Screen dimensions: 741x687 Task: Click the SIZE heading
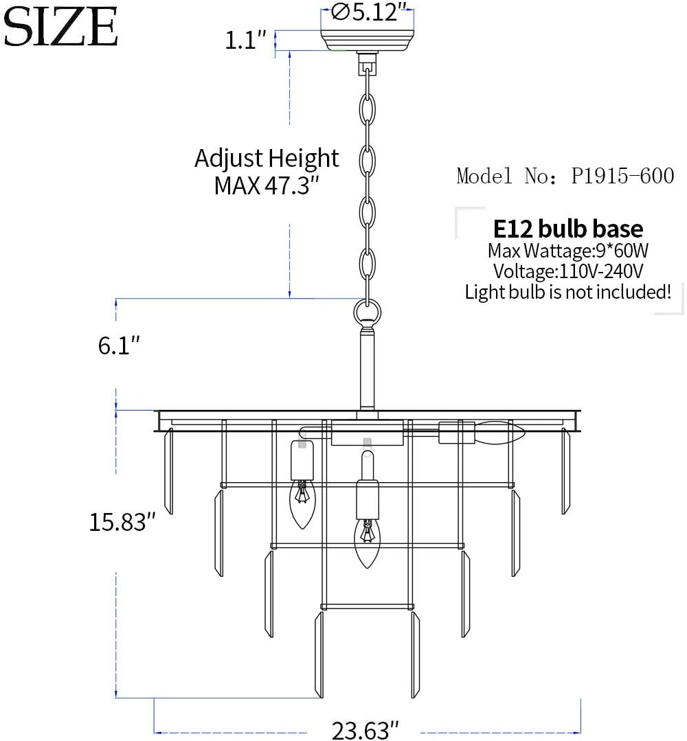pyautogui.click(x=60, y=27)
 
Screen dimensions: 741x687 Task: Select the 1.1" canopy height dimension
pyautogui.click(x=245, y=40)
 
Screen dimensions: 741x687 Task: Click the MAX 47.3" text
pyautogui.click(x=267, y=185)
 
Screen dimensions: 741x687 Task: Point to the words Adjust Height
pyautogui.click(x=267, y=159)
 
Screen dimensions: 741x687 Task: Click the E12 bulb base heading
pyautogui.click(x=568, y=229)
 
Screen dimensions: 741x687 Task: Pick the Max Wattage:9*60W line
pyautogui.click(x=568, y=250)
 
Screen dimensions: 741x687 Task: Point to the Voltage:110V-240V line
pyautogui.click(x=568, y=271)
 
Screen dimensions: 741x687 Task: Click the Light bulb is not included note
pyautogui.click(x=568, y=292)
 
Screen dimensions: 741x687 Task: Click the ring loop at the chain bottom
pyautogui.click(x=367, y=313)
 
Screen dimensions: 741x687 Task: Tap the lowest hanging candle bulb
pyautogui.click(x=368, y=543)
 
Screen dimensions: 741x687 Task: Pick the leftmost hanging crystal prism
pyautogui.click(x=168, y=470)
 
